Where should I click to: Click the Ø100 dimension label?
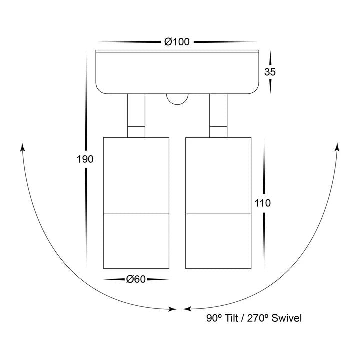177,42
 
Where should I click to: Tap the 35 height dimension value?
270,72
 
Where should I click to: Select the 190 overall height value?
85,159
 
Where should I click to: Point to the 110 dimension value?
263,203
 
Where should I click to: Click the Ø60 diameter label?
136,279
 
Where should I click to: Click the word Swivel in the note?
287,318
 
